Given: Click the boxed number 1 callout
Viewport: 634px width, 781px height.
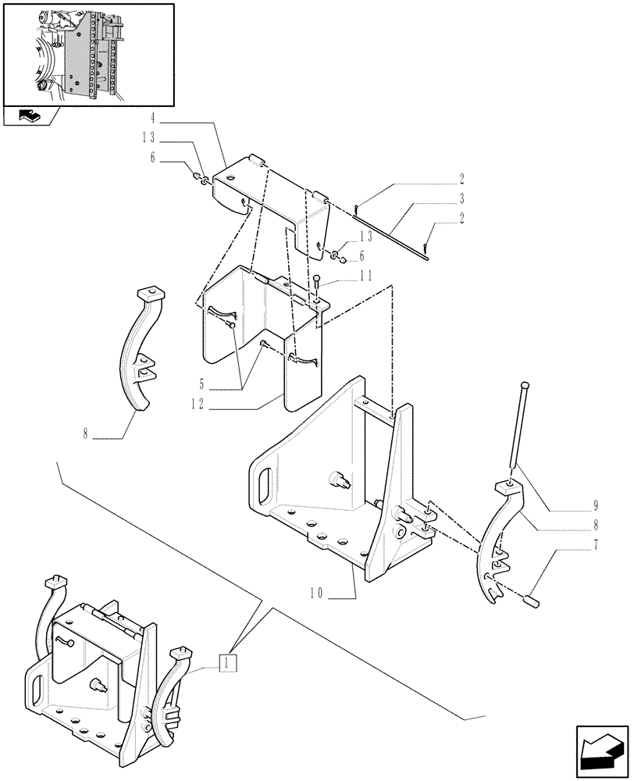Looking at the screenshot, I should pyautogui.click(x=227, y=663).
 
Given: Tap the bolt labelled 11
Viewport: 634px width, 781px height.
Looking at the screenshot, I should pyautogui.click(x=315, y=284).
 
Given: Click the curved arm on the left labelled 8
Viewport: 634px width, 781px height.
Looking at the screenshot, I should pyautogui.click(x=145, y=351).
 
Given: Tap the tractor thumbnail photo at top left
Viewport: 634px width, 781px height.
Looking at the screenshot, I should pyautogui.click(x=88, y=55).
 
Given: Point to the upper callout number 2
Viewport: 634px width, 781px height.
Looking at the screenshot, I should pyautogui.click(x=462, y=177).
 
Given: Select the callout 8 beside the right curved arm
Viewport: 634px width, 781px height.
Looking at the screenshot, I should pyautogui.click(x=596, y=526).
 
